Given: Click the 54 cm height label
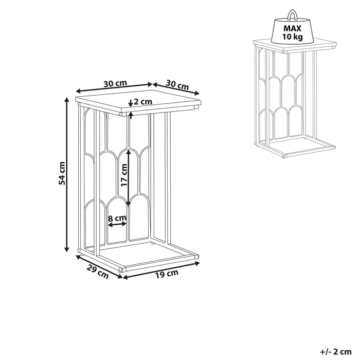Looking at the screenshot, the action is tap(62, 173).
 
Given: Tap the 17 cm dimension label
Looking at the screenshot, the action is tap(124, 175).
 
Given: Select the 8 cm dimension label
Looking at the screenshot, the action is tap(117, 218).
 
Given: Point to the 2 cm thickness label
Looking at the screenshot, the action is tap(143, 101).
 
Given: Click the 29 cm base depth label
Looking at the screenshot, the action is tap(97, 272).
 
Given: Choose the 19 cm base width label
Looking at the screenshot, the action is tap(167, 274).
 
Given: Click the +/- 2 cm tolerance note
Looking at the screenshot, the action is tap(336, 351).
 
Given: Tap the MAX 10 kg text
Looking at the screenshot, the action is tap(292, 32).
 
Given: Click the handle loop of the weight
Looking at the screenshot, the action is tap(292, 14).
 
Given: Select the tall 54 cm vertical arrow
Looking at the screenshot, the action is tap(67, 174).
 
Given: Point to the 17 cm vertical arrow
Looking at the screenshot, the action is tap(129, 177).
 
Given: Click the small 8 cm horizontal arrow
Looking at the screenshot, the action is tap(117, 224).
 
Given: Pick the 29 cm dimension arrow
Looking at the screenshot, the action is tap(99, 267).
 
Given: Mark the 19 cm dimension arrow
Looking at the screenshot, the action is tap(161, 271).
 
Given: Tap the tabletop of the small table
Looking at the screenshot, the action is tap(295, 45).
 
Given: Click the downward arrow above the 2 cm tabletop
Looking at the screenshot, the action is tap(131, 103).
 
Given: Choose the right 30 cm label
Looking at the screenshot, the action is tap(177, 84).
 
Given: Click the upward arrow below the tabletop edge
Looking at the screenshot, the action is tap(131, 115).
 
